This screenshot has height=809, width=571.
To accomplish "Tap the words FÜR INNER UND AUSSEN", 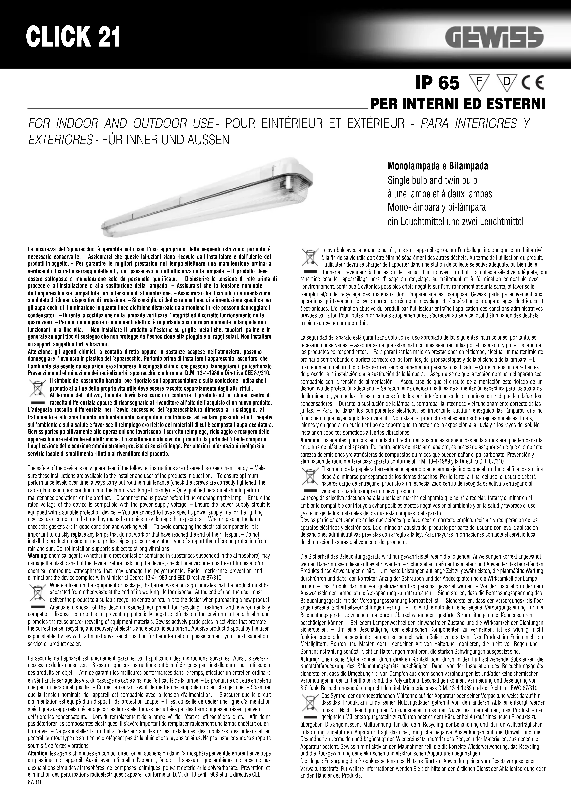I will tap(165, 140).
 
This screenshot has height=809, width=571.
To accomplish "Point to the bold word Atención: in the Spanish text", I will tap(310, 440).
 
